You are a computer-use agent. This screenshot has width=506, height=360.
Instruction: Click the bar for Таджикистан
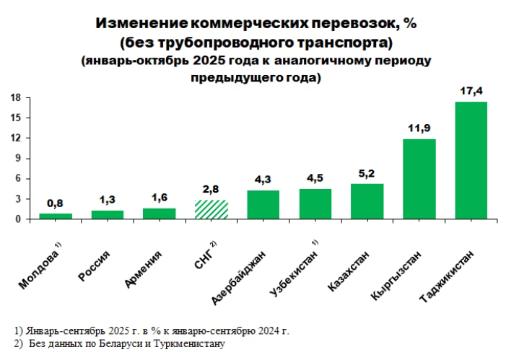(x=471, y=160)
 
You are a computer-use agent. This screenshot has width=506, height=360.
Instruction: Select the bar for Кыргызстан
(x=419, y=179)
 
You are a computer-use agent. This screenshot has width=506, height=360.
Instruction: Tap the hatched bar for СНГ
(x=211, y=209)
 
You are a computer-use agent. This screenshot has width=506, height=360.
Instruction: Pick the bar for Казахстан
(x=367, y=201)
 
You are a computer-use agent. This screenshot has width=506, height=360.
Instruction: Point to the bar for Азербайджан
(x=263, y=204)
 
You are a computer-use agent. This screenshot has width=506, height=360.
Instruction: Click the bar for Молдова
(x=56, y=216)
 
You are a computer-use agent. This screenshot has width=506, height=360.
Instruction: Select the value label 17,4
(x=471, y=91)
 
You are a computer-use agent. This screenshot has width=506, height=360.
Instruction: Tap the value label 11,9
(x=419, y=128)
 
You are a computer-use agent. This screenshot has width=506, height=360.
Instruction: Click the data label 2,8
(x=211, y=189)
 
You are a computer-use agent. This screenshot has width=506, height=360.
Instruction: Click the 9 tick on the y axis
(x=17, y=159)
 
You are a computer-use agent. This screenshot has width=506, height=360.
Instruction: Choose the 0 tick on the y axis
(x=17, y=219)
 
